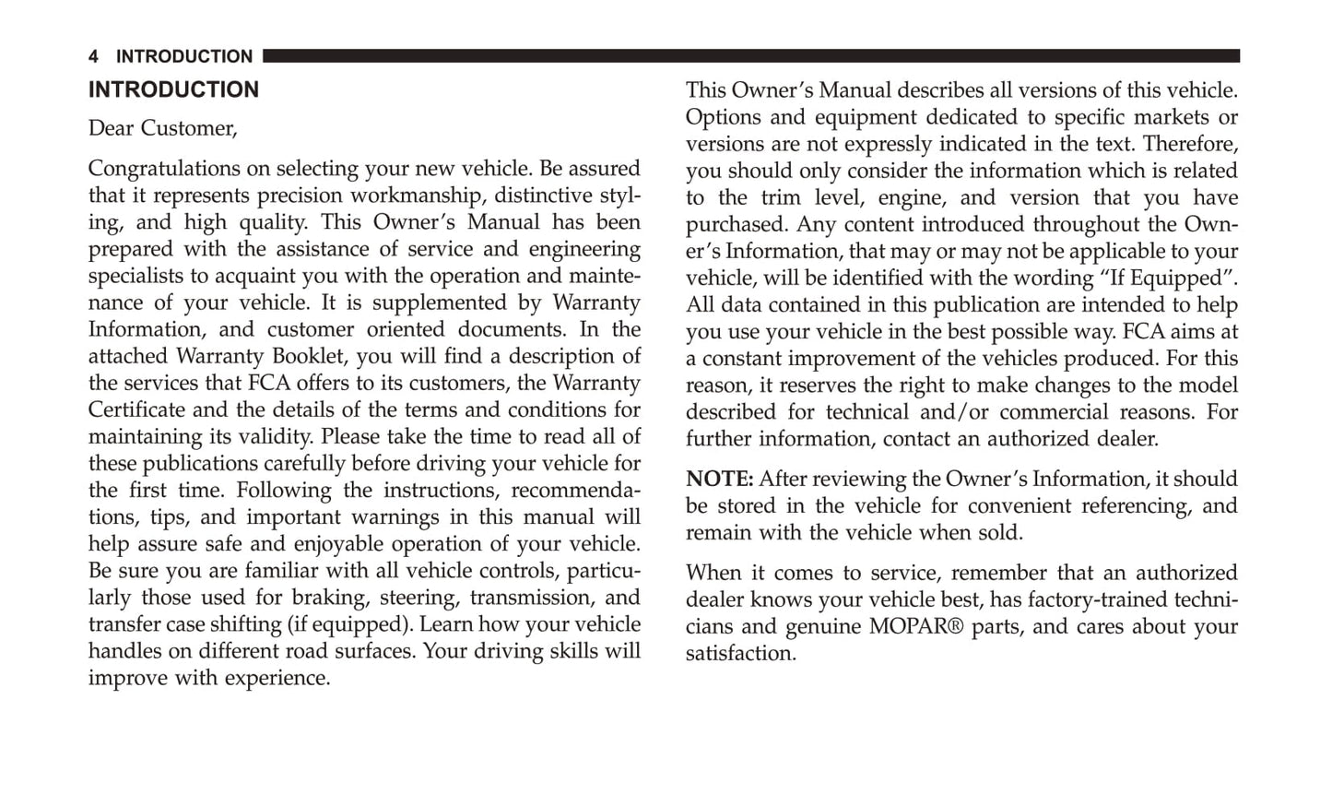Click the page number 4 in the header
point(93,57)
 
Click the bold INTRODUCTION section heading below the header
point(173,90)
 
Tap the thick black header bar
point(750,56)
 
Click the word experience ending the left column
point(283,678)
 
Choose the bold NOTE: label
point(719,480)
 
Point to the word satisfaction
point(739,653)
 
